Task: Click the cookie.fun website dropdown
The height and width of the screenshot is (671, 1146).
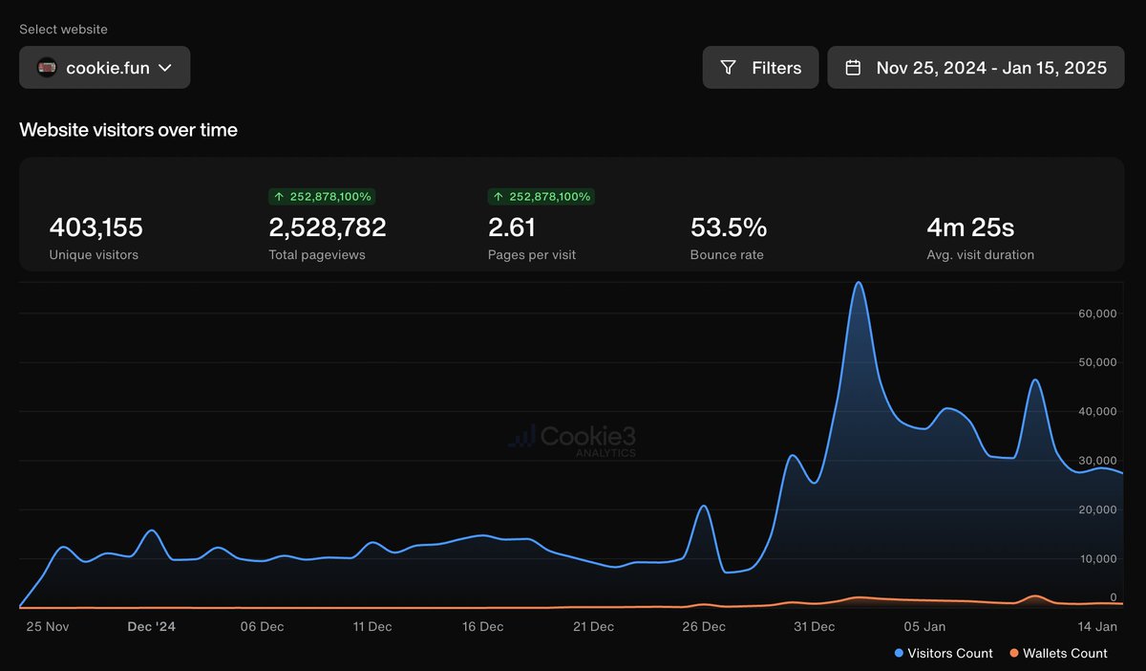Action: click(105, 68)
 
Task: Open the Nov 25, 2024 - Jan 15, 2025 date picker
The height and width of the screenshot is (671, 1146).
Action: click(975, 68)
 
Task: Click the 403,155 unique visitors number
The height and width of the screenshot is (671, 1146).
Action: click(95, 227)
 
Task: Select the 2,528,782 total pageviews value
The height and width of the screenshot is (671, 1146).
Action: click(328, 227)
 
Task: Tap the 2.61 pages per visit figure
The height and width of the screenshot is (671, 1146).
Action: click(512, 227)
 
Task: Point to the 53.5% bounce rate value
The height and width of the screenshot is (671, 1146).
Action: click(729, 227)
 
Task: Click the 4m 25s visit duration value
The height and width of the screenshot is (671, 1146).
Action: click(970, 227)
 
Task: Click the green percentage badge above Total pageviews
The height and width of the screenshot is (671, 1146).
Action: click(322, 197)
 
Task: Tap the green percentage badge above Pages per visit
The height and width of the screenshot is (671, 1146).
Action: click(541, 197)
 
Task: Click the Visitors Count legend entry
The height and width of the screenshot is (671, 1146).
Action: click(944, 654)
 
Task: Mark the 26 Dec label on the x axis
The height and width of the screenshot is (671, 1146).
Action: click(704, 627)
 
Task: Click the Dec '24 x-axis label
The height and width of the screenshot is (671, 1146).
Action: click(152, 627)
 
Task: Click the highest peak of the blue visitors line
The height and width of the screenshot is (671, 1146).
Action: click(858, 283)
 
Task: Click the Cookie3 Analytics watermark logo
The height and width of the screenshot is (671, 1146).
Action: click(572, 440)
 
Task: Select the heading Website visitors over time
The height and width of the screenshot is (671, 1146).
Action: click(128, 130)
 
